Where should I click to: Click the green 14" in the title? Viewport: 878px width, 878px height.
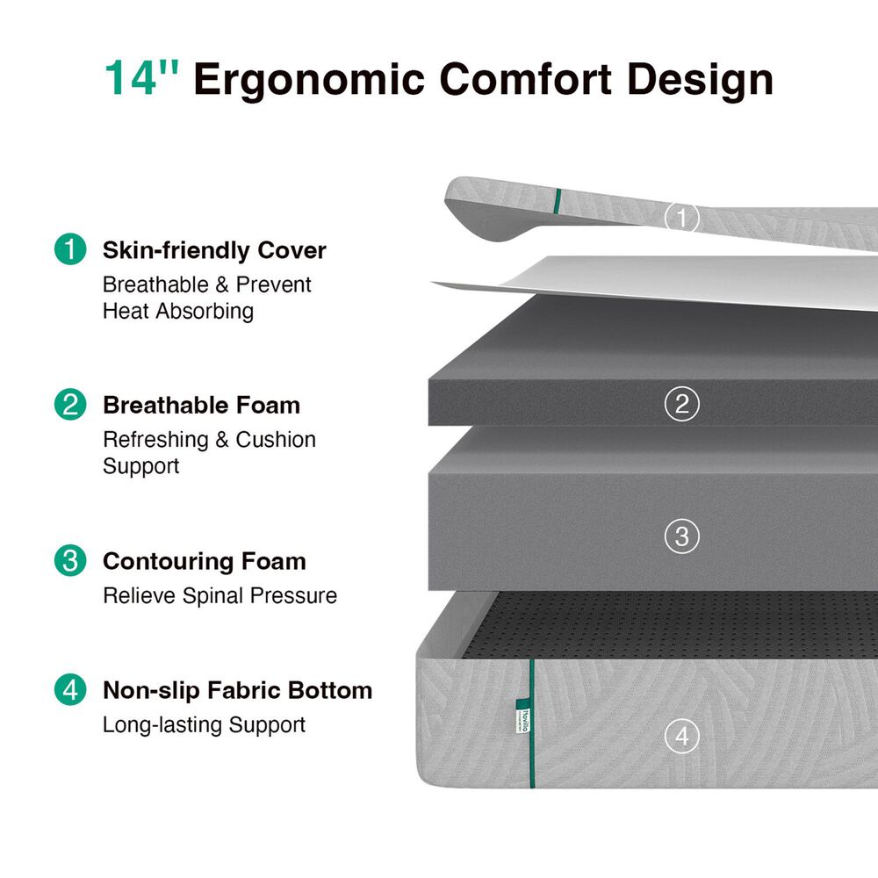tap(142, 77)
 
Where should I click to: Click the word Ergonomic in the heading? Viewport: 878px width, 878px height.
tap(309, 80)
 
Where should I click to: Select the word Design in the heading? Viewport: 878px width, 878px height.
tap(700, 80)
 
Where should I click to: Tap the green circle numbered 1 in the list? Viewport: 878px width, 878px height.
tap(70, 248)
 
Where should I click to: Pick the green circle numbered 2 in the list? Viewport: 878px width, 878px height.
tap(70, 404)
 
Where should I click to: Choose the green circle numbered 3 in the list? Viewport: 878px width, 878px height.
tap(70, 560)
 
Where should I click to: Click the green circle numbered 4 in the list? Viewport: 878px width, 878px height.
tap(70, 689)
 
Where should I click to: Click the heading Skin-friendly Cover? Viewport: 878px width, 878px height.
tap(214, 250)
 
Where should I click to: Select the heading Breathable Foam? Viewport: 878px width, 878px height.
tap(202, 405)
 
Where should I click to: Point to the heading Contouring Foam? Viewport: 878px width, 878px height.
tap(205, 561)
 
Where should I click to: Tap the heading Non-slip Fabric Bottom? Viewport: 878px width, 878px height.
tap(237, 690)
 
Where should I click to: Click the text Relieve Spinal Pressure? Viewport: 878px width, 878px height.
tap(220, 595)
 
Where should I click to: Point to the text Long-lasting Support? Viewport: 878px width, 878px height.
tap(204, 724)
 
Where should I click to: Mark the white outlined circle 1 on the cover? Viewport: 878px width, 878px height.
tap(681, 217)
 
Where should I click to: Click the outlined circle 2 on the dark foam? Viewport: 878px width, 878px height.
tap(681, 404)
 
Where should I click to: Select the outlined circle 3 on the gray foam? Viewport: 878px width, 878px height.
tap(681, 536)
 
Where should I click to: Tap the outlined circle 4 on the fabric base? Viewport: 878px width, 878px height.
tap(681, 736)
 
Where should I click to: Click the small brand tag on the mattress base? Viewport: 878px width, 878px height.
tap(523, 715)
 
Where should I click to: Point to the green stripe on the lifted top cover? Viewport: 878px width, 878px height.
tap(558, 202)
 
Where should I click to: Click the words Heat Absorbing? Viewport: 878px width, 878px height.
tap(178, 312)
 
